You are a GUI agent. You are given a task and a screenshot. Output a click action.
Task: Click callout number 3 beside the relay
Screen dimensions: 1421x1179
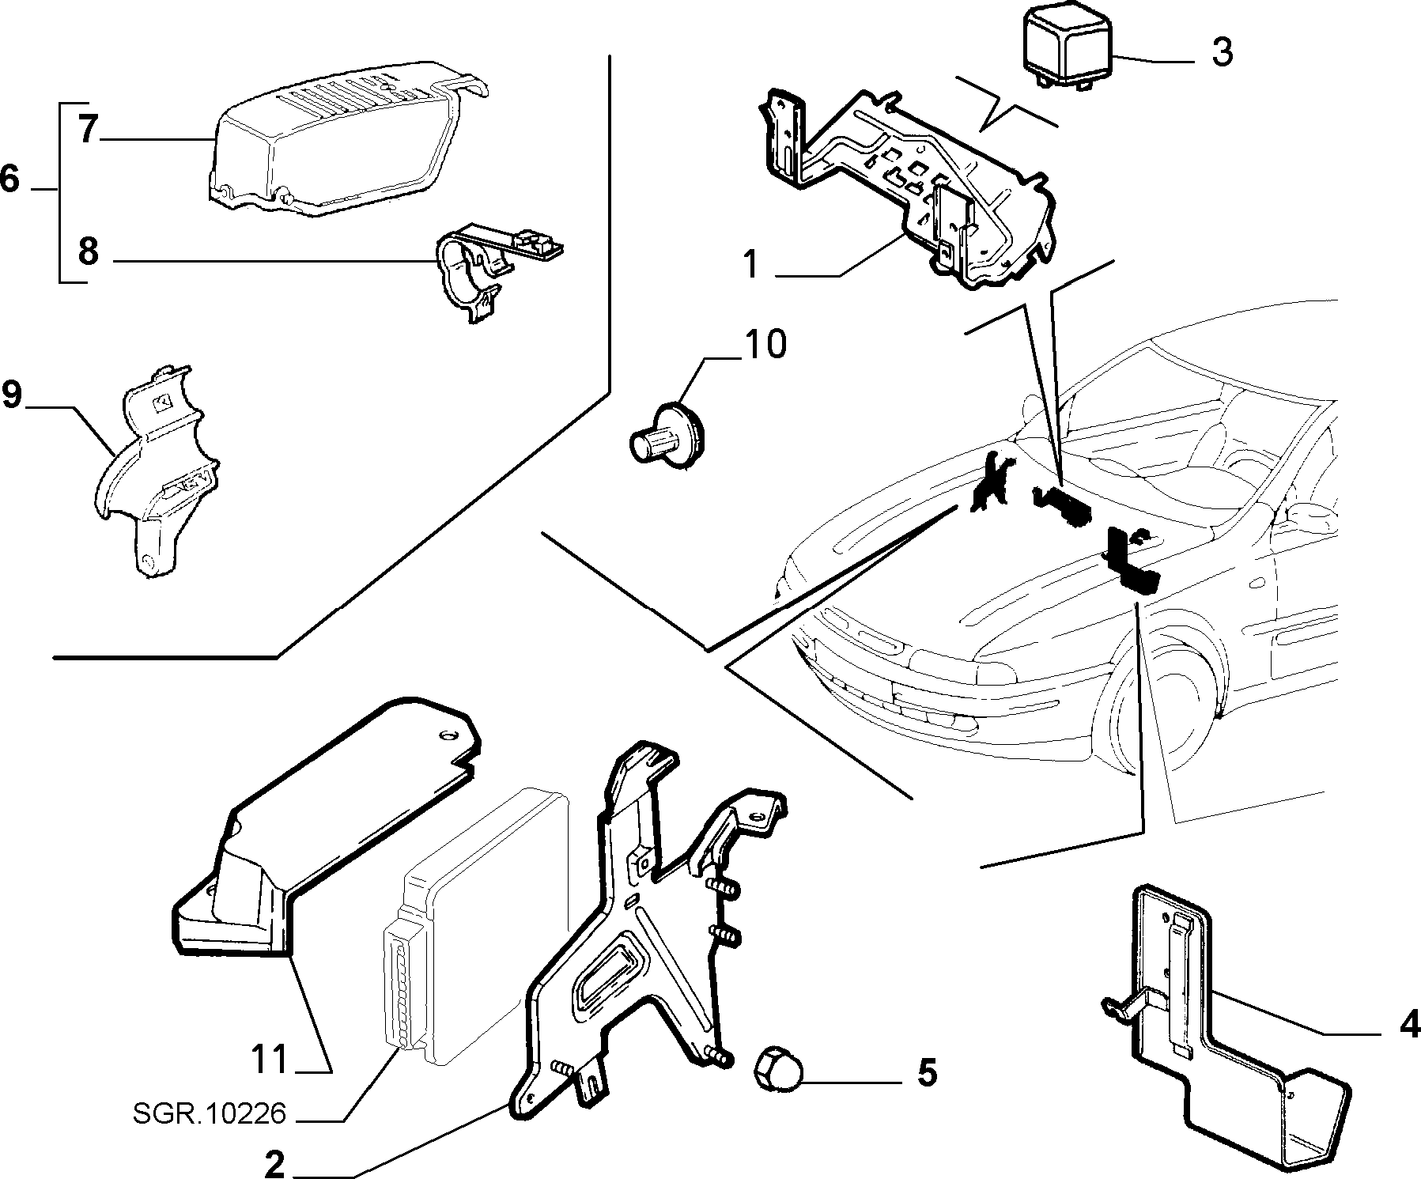(x=1221, y=52)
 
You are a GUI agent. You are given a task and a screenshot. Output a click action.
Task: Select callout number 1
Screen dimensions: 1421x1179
(x=751, y=265)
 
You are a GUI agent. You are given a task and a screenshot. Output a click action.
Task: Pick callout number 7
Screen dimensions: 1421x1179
(x=89, y=129)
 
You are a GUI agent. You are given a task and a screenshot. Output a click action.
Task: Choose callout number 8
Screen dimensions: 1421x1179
(x=88, y=252)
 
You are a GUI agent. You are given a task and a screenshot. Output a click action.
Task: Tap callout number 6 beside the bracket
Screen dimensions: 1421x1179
(x=9, y=179)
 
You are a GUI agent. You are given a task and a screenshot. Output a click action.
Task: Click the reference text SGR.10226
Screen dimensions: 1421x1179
(x=209, y=1115)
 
